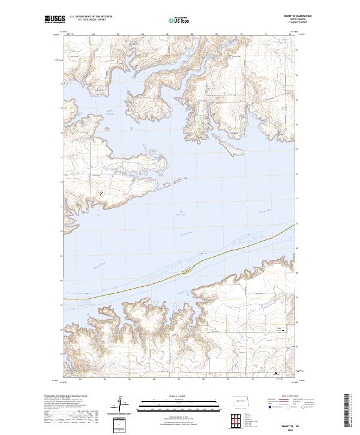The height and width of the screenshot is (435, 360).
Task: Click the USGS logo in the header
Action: coord(55,19)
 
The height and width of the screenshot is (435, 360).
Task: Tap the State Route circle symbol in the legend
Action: coord(295,407)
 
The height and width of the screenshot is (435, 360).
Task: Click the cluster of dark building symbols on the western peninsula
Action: coord(101,193)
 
